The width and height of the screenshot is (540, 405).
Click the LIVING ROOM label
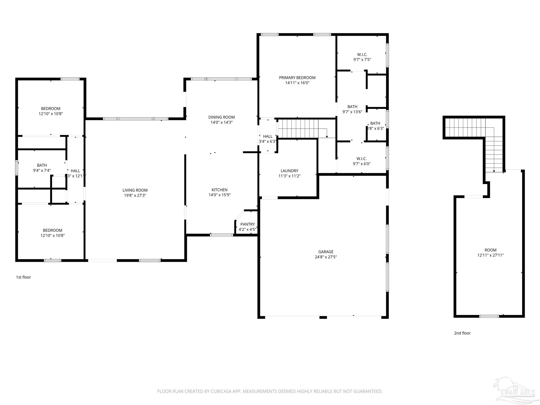pos(135,190)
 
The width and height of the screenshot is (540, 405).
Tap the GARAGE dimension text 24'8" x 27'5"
pos(326,257)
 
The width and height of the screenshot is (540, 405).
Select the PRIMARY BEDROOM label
pos(297,78)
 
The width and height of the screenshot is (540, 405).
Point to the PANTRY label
pos(247,224)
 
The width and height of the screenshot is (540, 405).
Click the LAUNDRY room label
pos(289,171)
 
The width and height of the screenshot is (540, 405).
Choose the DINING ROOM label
pos(221,117)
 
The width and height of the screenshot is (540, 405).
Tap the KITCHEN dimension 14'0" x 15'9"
pos(219,195)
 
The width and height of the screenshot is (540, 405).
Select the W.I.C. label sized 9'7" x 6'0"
pos(361,158)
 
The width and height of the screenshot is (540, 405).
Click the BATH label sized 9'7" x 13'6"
pos(352,107)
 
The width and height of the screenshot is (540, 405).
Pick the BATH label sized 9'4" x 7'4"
pos(42,165)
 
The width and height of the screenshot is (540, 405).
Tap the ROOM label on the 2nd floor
pos(490,250)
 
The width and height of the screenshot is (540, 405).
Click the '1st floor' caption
pos(23,277)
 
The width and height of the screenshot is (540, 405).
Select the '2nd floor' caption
pos(462,333)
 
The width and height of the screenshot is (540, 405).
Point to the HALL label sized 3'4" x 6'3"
pos(268,136)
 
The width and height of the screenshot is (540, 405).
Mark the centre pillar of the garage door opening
pos(323,317)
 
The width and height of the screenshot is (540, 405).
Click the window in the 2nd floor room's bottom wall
pos(489,316)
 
